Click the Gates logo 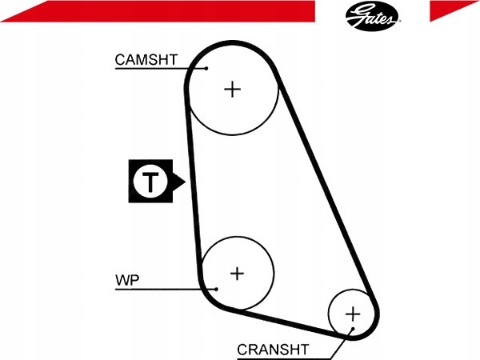pos(372,16)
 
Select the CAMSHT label pos(146,60)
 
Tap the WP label pos(127,280)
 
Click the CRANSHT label pos(273,350)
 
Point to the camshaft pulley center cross pos(233,90)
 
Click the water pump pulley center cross pos(237,274)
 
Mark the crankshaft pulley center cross pos(353,314)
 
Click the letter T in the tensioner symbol pos(150,182)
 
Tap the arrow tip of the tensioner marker pos(186,182)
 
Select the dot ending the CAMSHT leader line pos(206,68)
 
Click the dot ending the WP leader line pos(216,289)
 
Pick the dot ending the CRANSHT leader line pos(353,329)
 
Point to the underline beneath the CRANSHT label pos(284,358)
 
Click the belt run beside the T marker pos(192,181)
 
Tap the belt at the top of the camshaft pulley pos(232,43)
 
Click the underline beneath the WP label pos(166,289)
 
